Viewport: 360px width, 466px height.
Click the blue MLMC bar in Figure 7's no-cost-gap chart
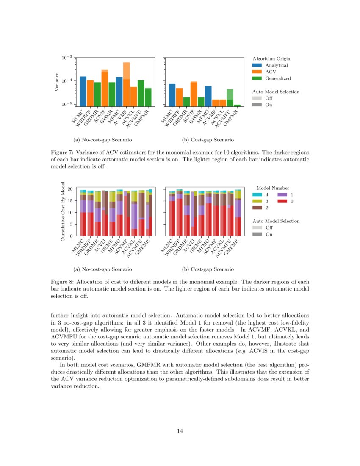coord(83,91)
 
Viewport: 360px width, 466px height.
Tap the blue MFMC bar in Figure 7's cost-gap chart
coord(208,96)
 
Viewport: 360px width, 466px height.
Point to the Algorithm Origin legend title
coord(271,58)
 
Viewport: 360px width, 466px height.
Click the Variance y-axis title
coord(56,82)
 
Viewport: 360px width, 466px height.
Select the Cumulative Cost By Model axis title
coord(63,212)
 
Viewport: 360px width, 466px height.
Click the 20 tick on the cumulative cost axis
coord(70,189)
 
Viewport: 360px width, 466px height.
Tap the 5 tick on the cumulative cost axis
coord(71,224)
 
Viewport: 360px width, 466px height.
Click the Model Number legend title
coord(273,188)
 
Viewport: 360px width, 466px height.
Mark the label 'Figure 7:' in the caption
coord(62,153)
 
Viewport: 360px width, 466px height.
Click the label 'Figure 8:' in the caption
coord(62,282)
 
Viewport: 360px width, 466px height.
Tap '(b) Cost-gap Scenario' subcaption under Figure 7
coord(208,140)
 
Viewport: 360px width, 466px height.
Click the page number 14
coord(180,431)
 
